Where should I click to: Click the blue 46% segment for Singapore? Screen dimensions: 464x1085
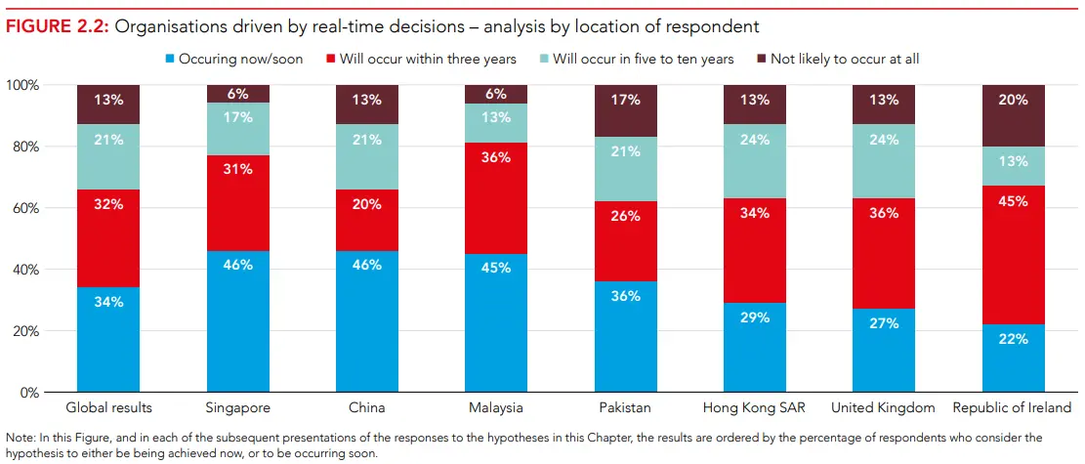tap(237, 321)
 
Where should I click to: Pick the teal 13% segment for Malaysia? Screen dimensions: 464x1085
tap(496, 118)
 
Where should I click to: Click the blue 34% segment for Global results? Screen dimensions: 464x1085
tap(108, 339)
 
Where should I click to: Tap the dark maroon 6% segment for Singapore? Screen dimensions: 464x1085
tap(237, 94)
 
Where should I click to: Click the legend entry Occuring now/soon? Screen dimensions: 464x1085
tap(240, 60)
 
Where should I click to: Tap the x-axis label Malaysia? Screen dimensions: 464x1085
tap(496, 407)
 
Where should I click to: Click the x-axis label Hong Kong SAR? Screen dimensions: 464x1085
tap(754, 407)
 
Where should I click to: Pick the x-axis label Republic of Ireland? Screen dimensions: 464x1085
tap(1012, 407)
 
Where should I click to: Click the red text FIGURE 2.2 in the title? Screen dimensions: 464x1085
tap(57, 26)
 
